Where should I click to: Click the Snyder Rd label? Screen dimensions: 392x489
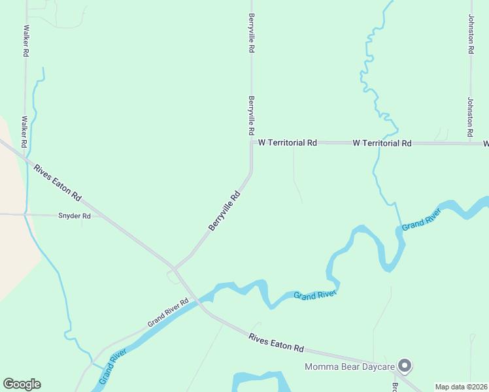(74, 216)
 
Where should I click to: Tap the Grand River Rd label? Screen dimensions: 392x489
(167, 312)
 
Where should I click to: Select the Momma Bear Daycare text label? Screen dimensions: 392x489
(350, 367)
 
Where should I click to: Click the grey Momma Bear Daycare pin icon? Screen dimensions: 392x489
(405, 366)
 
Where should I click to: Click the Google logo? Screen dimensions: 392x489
(22, 384)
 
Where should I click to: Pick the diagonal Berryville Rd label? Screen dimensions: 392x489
(225, 210)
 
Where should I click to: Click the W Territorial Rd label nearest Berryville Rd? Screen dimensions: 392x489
(287, 142)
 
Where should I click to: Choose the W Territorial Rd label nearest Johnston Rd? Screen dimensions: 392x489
(382, 142)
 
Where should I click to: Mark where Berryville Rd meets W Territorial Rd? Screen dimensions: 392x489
(252, 142)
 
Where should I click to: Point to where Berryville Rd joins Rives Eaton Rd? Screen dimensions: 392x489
(174, 268)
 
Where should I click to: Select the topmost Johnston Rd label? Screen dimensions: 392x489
(470, 34)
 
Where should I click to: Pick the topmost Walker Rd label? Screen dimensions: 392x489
(27, 41)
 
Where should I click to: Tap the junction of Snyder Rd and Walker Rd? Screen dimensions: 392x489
(25, 214)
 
